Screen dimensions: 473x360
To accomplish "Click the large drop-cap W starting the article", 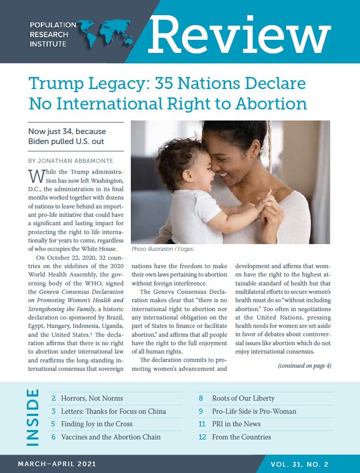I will click(x=35, y=175).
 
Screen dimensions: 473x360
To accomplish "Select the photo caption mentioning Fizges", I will click(x=163, y=249).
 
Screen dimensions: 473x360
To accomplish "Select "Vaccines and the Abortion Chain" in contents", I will click(x=111, y=437).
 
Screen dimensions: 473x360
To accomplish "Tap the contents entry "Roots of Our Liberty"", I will click(x=243, y=399).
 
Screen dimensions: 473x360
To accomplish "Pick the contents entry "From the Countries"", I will click(x=242, y=437).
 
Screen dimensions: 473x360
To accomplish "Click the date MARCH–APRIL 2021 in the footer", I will click(x=57, y=464).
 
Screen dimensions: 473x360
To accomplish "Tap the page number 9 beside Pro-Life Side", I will click(x=202, y=411).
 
